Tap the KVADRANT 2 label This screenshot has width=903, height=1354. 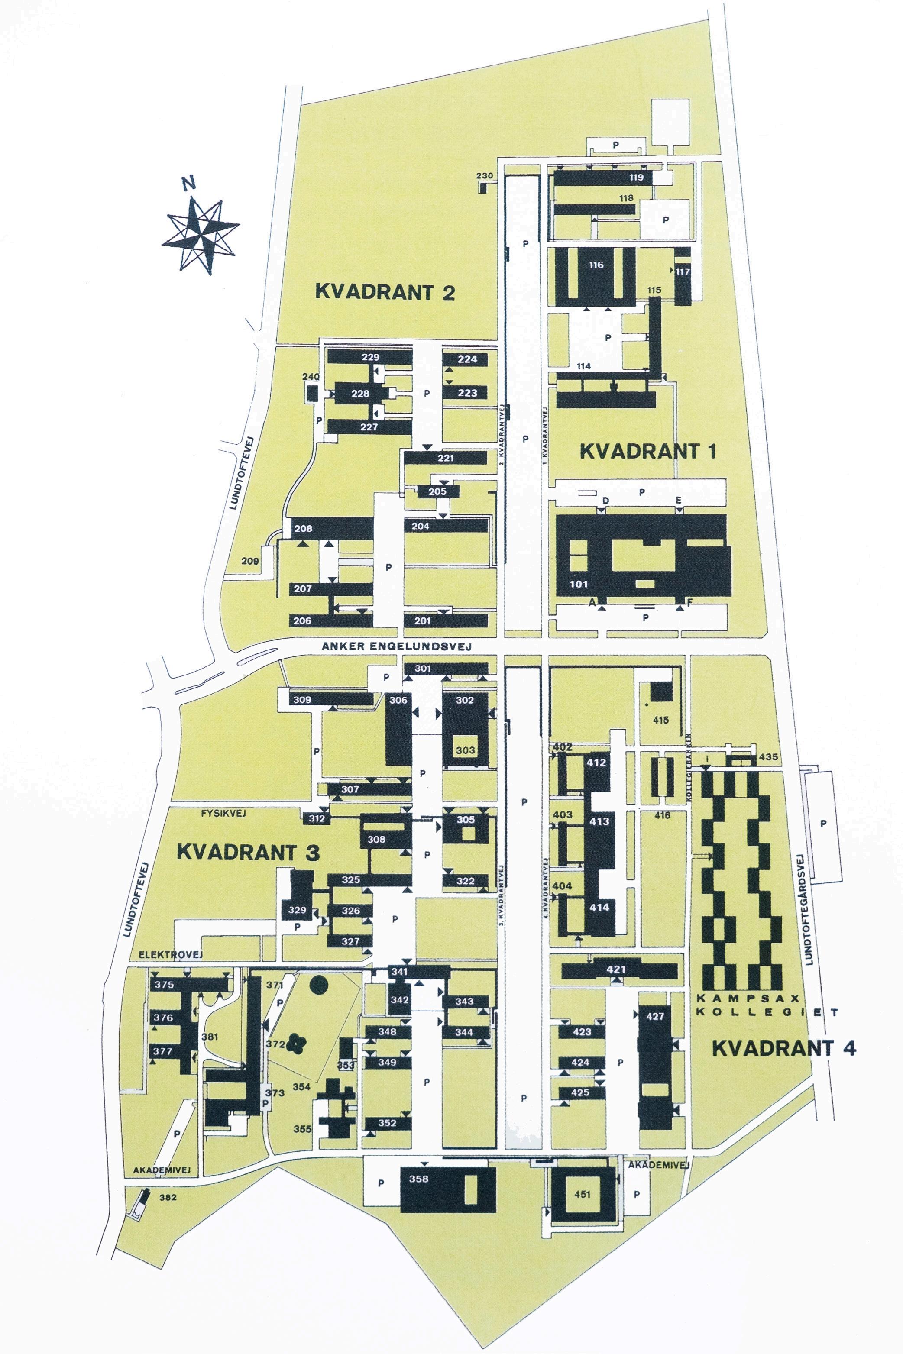click(385, 292)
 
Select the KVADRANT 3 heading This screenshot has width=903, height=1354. click(248, 852)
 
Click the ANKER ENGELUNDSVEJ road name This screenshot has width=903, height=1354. click(396, 646)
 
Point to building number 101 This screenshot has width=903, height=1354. click(578, 584)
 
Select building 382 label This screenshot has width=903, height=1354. click(168, 1197)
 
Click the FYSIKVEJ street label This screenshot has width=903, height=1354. click(223, 814)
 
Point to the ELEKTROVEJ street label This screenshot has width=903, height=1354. click(171, 954)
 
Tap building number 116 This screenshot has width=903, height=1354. click(596, 265)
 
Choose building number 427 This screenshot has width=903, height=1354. click(655, 1016)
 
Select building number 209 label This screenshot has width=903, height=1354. click(249, 561)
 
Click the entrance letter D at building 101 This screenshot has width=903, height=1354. click(605, 501)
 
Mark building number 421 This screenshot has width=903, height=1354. click(615, 969)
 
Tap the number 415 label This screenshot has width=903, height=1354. click(660, 720)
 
